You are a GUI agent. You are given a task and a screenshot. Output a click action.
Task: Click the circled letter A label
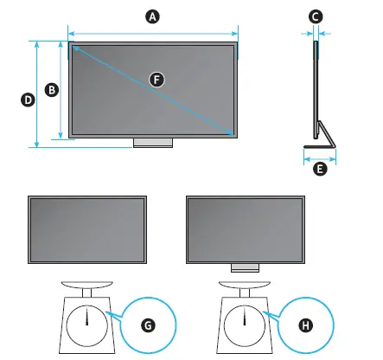pos(153,16)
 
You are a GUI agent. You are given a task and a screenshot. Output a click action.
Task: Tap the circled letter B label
pos(51,89)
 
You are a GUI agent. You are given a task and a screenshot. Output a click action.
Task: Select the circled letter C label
pos(316,16)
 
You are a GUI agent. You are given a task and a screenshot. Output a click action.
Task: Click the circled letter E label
pos(320,170)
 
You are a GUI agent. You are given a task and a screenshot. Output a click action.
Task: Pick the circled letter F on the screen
pos(156,78)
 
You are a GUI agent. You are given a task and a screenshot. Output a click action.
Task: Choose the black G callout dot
pos(149,325)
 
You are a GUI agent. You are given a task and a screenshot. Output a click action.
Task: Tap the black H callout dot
pos(304,325)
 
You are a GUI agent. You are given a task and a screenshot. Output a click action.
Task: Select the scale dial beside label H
pos(245,321)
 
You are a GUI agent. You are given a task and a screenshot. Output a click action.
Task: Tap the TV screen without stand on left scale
pos(87,228)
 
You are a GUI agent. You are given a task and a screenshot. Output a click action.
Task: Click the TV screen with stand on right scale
pos(245,228)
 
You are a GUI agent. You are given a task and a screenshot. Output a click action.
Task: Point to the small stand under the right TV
pos(245,268)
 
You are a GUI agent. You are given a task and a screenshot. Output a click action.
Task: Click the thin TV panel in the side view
pos(315,87)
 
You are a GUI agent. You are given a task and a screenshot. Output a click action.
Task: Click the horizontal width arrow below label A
pos(153,32)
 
